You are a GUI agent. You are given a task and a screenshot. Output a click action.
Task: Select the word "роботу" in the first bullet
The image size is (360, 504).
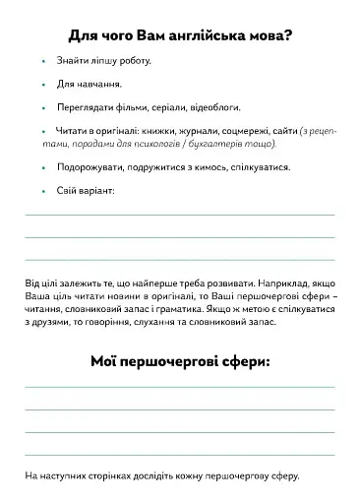pyautogui.click(x=131, y=61)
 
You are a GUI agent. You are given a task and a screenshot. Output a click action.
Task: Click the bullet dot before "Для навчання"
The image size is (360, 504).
pyautogui.click(x=44, y=85)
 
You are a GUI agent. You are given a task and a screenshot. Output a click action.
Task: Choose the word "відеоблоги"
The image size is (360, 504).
pyautogui.click(x=218, y=107)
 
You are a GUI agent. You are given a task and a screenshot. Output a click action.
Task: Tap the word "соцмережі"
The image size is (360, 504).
pyautogui.click(x=244, y=130)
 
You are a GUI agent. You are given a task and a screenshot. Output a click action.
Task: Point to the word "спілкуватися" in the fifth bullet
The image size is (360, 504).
pyautogui.click(x=262, y=167)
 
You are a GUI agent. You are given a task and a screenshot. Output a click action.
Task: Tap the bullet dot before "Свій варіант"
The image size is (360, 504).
pyautogui.click(x=44, y=191)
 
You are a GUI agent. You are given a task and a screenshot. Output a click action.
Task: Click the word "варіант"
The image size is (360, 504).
pyautogui.click(x=97, y=191)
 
